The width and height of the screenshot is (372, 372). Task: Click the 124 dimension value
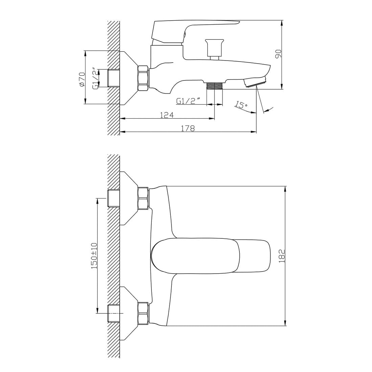pos(167,115)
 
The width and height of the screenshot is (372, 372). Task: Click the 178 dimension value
pos(188,129)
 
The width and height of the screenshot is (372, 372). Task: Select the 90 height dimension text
pos(278,54)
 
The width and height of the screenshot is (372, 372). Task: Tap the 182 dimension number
pos(282,256)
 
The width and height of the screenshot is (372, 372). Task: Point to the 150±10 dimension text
pos(94,256)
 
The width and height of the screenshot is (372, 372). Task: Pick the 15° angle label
pos(241,104)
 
